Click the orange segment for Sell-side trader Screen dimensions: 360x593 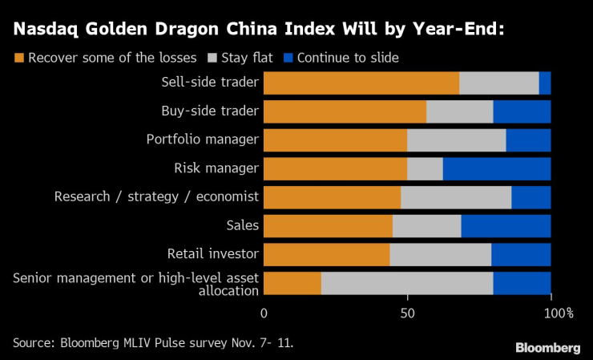pyautogui.click(x=361, y=83)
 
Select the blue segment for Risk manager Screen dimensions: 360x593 pyautogui.click(x=497, y=168)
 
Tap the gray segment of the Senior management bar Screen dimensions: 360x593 pyautogui.click(x=407, y=283)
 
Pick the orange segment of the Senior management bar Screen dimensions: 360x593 pyautogui.click(x=292, y=283)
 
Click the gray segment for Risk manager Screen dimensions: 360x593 pyautogui.click(x=425, y=168)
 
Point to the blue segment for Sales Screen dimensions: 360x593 pyautogui.click(x=506, y=226)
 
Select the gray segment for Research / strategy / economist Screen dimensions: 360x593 pyautogui.click(x=456, y=197)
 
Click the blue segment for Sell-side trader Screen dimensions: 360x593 pyautogui.click(x=545, y=83)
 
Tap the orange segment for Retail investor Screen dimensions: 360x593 pyautogui.click(x=327, y=254)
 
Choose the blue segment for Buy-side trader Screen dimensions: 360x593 pyautogui.click(x=522, y=111)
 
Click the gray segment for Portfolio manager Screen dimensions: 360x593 pyautogui.click(x=457, y=140)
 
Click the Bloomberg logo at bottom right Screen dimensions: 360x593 pyautogui.click(x=547, y=347)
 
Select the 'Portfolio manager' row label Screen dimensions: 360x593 pyautogui.click(x=203, y=140)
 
